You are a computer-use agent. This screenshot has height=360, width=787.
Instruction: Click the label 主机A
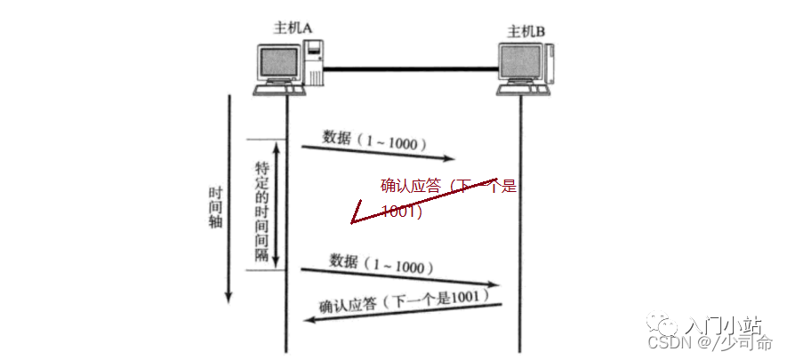[x=292, y=28]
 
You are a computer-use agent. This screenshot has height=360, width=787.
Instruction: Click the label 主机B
[x=526, y=32]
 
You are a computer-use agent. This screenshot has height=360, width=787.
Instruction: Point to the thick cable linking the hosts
[x=411, y=68]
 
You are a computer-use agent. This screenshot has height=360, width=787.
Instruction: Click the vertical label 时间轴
[x=215, y=207]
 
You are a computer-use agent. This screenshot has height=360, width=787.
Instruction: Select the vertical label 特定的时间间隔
[x=262, y=211]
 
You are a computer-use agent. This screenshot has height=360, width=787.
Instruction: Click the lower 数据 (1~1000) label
[x=381, y=264]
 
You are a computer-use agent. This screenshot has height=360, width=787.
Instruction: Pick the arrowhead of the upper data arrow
[x=449, y=158]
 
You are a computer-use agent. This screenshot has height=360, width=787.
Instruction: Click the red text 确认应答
[x=411, y=187]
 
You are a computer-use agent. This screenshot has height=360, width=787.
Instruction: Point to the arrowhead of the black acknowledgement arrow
[x=311, y=319]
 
